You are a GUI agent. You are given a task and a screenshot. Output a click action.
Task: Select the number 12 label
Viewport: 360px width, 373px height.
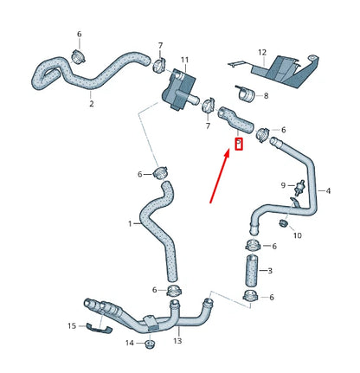[x=262, y=52]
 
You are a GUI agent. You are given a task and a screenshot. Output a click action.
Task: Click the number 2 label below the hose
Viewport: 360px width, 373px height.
[x=93, y=103]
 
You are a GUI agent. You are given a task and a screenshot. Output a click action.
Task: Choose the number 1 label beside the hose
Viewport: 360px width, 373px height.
[x=131, y=223]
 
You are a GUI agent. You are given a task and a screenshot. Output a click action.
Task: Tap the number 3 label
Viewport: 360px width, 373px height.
[x=269, y=271]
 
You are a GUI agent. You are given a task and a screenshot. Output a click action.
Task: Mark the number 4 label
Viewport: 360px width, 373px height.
[x=328, y=190]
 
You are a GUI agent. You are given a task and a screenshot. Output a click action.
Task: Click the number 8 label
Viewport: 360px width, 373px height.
[x=265, y=95]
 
